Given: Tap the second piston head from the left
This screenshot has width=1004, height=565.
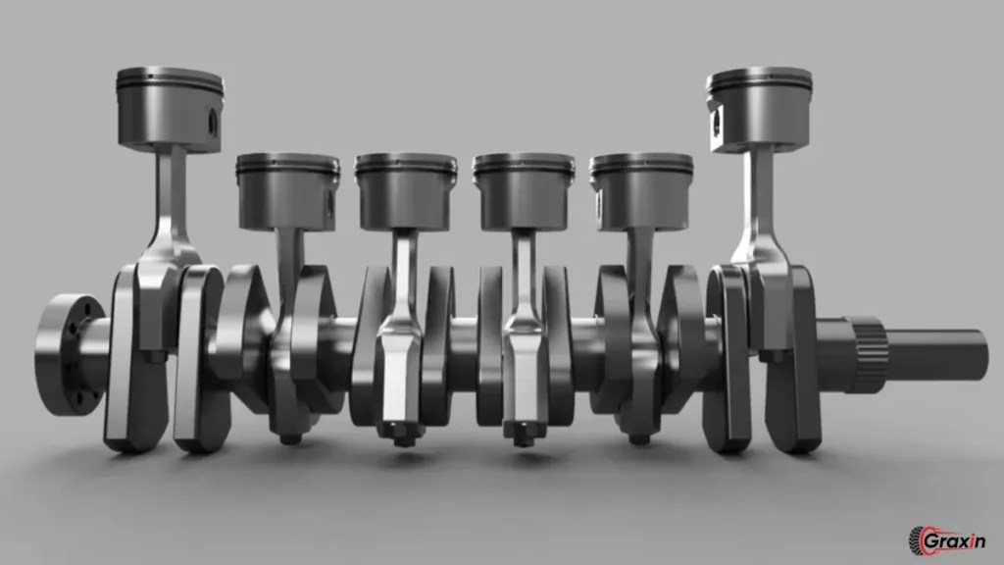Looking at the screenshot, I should coord(286,190).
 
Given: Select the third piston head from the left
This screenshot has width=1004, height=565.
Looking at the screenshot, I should coord(405,190).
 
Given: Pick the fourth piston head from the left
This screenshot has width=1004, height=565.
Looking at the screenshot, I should coord(523,190).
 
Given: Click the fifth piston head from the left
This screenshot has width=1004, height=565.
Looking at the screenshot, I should coord(641,190).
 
